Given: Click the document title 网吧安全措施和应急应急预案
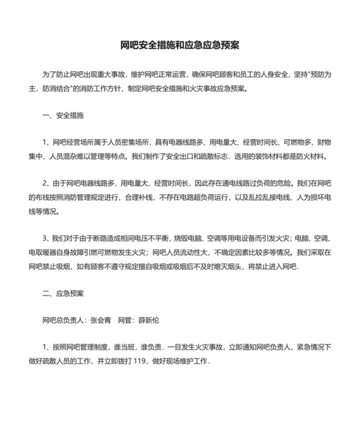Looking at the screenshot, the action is pyautogui.click(x=180, y=46).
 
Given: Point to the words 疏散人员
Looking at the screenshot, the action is pyautogui.click(x=60, y=361).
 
